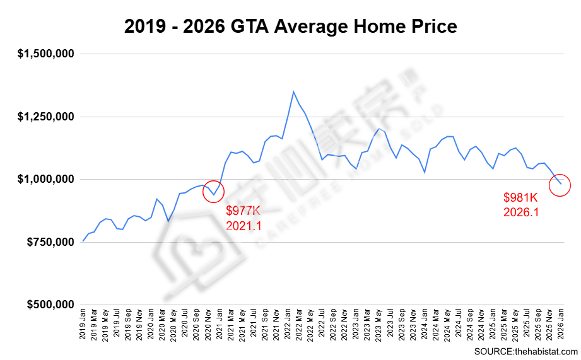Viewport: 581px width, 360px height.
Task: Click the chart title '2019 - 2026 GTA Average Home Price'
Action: click(290, 26)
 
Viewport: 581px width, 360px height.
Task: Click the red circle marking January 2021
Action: click(213, 192)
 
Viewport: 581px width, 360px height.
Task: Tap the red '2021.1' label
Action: click(244, 226)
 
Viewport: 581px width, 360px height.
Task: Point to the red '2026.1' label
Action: click(521, 212)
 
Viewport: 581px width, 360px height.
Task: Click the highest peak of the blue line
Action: click(293, 92)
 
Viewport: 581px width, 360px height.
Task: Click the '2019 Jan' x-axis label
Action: click(83, 325)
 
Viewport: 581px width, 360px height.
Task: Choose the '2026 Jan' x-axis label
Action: click(560, 325)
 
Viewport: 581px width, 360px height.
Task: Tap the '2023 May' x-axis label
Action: click(379, 325)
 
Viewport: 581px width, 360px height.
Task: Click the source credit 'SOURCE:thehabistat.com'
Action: click(525, 351)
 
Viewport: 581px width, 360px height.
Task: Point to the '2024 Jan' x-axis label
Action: click(424, 325)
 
